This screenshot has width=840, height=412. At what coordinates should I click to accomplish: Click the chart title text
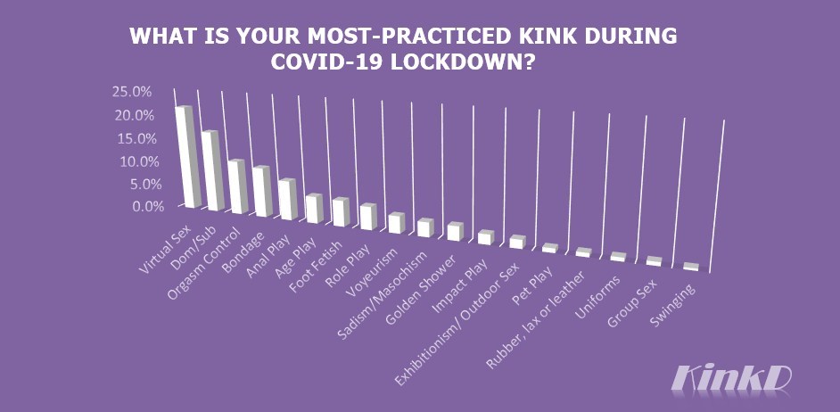(x=403, y=50)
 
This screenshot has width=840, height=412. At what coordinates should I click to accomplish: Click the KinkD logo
(x=730, y=377)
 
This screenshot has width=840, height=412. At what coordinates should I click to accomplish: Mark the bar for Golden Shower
(x=455, y=232)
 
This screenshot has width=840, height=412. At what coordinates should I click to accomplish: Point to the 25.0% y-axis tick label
(x=132, y=92)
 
